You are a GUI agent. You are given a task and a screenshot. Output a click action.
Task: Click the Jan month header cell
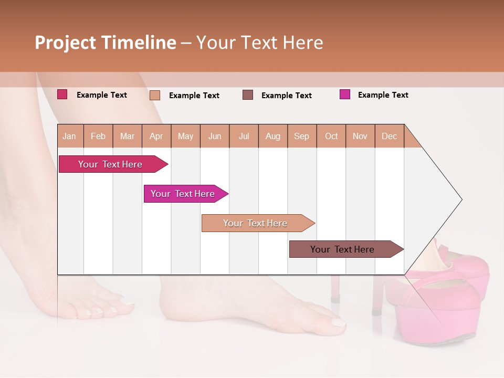pos(70,136)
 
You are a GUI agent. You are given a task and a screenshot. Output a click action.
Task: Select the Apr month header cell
pos(156,136)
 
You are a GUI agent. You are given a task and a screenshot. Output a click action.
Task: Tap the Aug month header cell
pos(273,136)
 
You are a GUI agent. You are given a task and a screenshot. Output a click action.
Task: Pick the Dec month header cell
pos(389,136)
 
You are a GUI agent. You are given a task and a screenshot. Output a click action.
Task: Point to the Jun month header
pos(215,136)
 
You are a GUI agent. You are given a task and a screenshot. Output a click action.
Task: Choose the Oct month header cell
pos(331,136)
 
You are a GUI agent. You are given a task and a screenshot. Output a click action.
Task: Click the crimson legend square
pos(62,94)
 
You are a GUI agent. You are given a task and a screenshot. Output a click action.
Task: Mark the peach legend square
pos(155,95)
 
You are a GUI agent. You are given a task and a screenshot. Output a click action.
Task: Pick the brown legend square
pos(248,95)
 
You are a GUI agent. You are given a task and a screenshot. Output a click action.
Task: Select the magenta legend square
pos(345,94)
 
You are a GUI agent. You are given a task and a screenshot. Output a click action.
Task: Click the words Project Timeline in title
pos(105,43)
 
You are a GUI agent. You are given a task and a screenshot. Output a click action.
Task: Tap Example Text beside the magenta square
pos(383,95)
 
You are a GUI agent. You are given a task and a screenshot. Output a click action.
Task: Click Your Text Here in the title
pos(259,43)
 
